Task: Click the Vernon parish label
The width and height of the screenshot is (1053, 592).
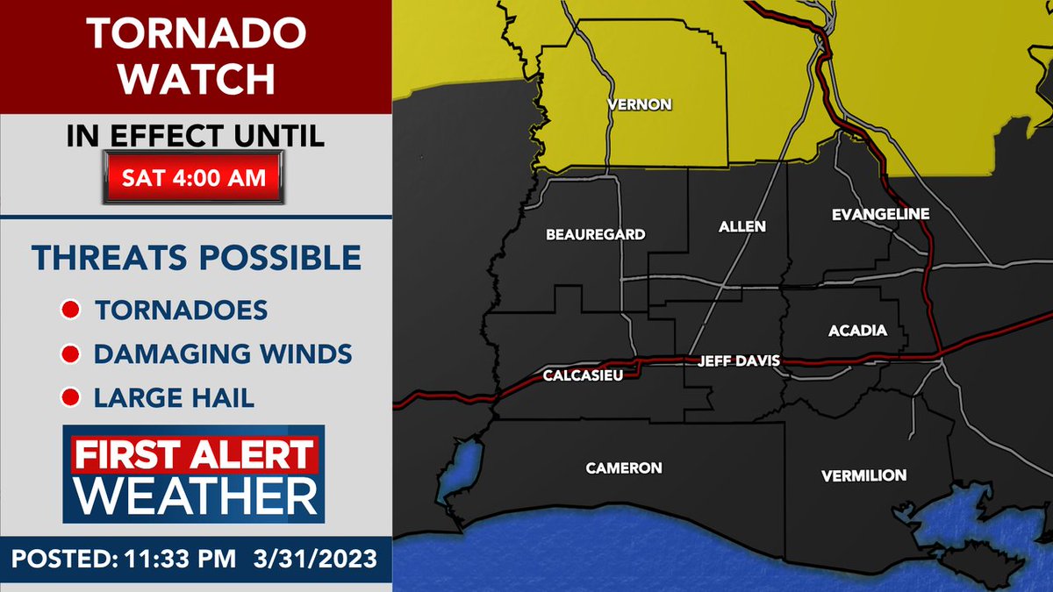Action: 640,105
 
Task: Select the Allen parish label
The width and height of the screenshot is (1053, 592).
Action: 742,226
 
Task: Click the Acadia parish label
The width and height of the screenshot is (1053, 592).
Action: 857,331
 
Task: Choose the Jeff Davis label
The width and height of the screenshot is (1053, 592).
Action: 738,360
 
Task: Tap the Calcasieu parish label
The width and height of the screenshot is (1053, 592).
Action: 577,377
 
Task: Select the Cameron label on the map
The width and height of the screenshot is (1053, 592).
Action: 624,468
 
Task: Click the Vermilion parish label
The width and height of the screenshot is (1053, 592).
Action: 863,475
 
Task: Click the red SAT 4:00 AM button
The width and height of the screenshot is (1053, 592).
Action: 194,177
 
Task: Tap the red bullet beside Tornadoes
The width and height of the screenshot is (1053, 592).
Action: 70,310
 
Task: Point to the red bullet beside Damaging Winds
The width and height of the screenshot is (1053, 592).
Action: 70,355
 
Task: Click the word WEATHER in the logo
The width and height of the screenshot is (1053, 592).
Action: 195,497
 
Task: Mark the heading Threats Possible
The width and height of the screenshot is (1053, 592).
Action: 196,258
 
